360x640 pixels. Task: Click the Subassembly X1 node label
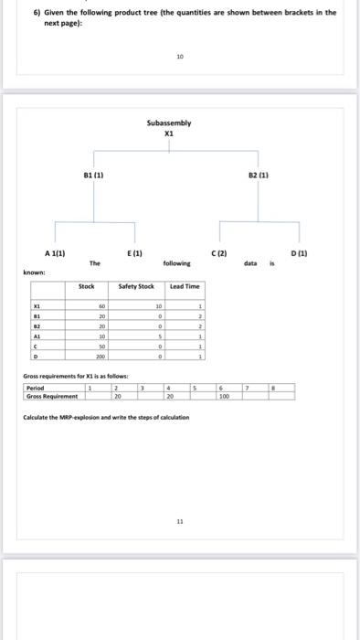pos(168,127)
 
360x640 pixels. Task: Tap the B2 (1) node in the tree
pos(259,171)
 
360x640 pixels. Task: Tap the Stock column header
pos(87,286)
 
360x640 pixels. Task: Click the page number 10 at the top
pos(179,57)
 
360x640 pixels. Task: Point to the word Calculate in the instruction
pos(38,417)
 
